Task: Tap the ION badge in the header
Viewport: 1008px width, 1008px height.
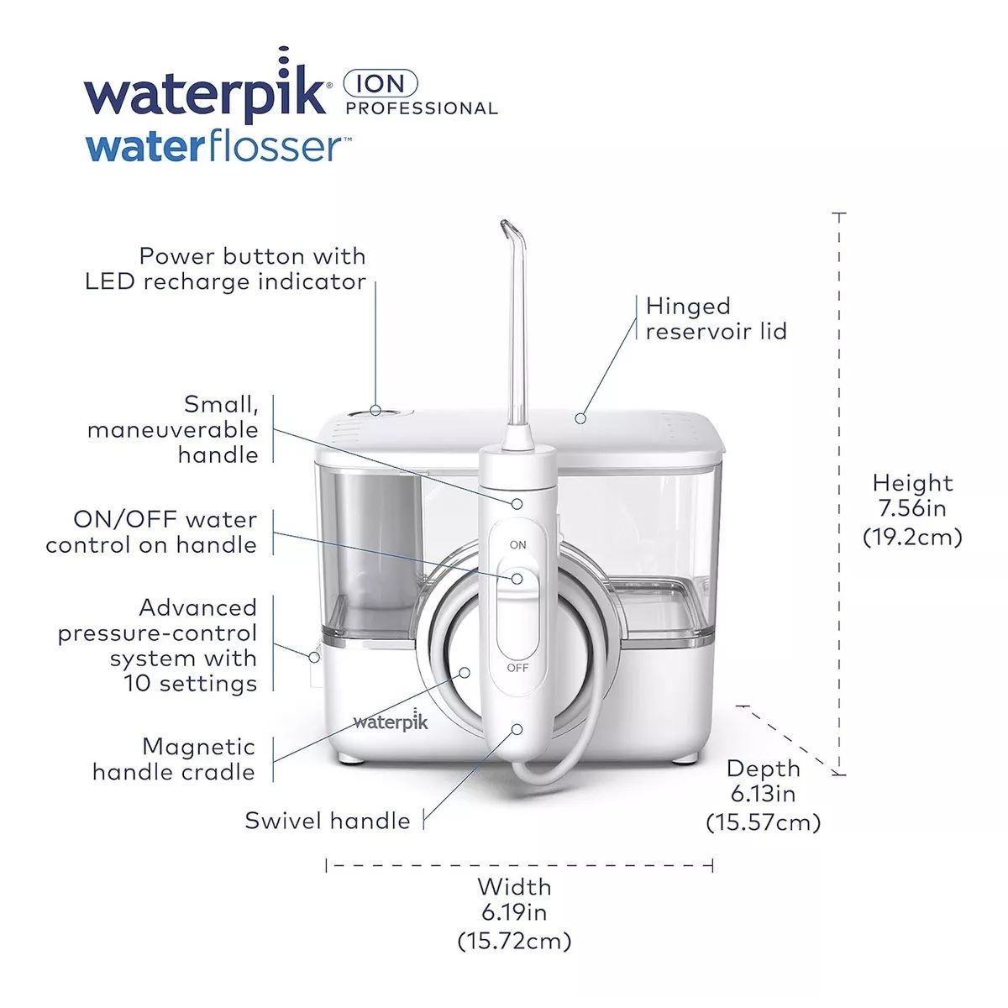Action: [381, 83]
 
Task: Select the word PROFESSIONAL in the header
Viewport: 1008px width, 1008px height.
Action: [422, 108]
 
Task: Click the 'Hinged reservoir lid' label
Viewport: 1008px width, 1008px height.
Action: [716, 318]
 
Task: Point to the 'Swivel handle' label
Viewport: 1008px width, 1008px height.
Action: [328, 821]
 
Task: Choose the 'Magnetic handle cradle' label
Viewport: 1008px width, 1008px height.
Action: [174, 759]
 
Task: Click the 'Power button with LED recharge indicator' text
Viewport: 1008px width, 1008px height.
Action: [226, 269]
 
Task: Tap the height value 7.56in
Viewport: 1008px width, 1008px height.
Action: [912, 508]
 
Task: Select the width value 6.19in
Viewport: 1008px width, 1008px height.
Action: [514, 911]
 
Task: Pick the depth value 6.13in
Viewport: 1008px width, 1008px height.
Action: [763, 793]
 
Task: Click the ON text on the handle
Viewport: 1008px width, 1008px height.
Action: [518, 545]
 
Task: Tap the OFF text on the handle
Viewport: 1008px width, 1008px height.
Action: [518, 668]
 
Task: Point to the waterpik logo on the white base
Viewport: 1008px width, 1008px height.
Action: [391, 722]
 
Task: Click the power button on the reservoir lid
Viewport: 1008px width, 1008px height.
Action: [375, 411]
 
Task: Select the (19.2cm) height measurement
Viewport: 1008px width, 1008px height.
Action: [912, 536]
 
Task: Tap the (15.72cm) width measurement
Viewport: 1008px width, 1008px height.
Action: [514, 940]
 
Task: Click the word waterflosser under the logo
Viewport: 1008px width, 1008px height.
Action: [213, 148]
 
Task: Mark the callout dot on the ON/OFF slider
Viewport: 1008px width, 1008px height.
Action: [517, 579]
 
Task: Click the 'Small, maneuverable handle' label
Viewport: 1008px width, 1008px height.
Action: [173, 429]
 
